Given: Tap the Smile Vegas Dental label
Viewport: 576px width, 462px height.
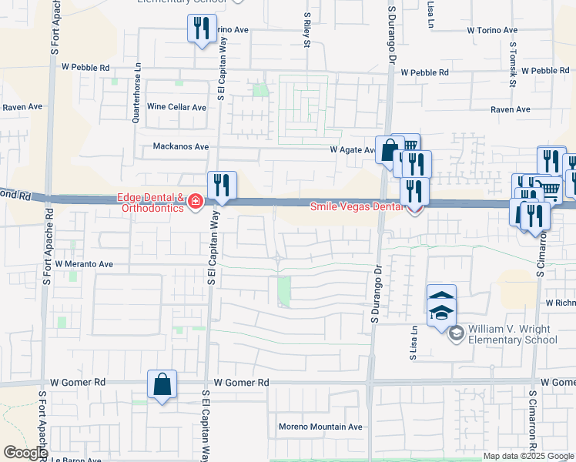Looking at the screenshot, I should click(x=356, y=206).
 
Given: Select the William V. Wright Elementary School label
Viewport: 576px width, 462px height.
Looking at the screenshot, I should click(x=512, y=334).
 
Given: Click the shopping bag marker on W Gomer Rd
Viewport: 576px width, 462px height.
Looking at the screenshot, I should click(x=162, y=385).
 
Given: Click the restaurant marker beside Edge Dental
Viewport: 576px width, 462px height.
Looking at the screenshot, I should click(x=222, y=186).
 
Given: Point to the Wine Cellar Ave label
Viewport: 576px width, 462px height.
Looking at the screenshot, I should click(x=177, y=107).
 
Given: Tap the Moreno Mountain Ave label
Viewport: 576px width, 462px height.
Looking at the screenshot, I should click(x=320, y=427).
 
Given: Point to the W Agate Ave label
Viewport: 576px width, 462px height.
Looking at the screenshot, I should click(x=352, y=150).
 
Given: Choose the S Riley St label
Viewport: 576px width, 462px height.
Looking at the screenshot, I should click(x=306, y=29).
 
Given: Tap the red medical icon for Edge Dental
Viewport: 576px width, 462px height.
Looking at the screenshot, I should click(x=196, y=203).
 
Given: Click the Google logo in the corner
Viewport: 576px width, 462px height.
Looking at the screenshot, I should click(x=25, y=453).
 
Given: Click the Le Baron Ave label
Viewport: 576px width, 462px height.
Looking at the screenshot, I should click(x=77, y=460).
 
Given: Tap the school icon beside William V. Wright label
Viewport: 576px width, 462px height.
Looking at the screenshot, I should click(x=456, y=333).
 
